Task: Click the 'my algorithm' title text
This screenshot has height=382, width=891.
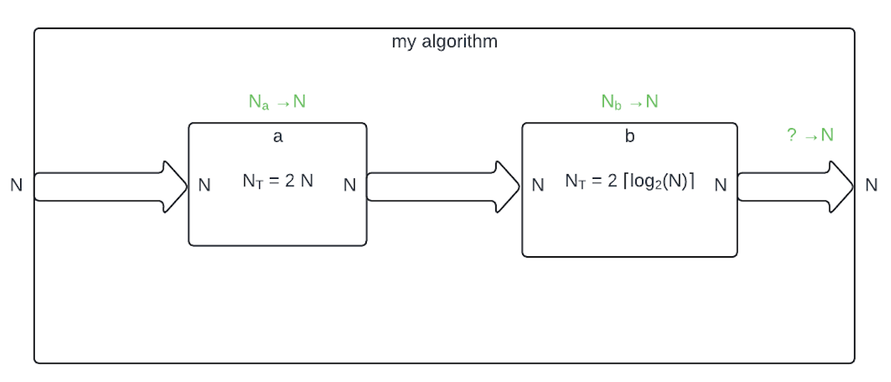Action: [x=444, y=42]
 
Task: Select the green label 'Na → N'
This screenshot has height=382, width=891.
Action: [x=277, y=102]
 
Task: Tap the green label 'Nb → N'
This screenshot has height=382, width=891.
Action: [x=629, y=102]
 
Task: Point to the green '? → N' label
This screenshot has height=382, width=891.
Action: [x=810, y=135]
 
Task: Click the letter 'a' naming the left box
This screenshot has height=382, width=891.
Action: [x=277, y=137]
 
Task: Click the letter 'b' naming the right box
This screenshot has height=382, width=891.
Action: [x=629, y=137]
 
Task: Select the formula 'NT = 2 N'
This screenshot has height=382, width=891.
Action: [x=278, y=181]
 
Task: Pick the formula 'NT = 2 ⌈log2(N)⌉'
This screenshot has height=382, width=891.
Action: [x=629, y=182]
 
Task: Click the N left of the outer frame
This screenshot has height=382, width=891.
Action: [x=17, y=186]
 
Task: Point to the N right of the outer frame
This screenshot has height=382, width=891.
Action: [x=871, y=185]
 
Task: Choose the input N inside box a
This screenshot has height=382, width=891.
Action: [x=205, y=185]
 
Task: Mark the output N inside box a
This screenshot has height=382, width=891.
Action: [x=350, y=185]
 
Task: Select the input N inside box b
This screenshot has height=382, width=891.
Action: [x=538, y=185]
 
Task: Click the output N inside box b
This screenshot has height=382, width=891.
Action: [x=721, y=185]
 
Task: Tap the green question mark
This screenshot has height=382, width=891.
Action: [x=791, y=135]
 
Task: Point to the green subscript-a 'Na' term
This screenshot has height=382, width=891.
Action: [x=258, y=102]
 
